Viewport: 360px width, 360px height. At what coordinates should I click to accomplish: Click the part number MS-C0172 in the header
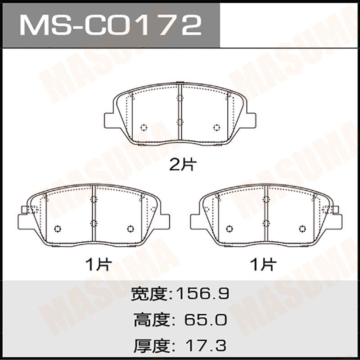pos(110,25)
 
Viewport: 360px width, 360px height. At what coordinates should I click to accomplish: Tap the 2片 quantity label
pos(183,165)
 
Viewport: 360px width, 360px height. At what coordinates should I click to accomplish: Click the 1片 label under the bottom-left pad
pos(99,265)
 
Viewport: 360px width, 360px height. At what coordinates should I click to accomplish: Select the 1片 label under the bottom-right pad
pos(263,265)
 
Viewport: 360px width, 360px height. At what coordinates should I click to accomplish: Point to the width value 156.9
pos(202,294)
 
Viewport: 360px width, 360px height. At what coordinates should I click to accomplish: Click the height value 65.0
pos(206,320)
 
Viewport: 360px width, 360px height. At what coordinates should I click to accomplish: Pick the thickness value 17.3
pos(206,346)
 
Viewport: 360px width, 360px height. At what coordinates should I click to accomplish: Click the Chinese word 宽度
pos(149,294)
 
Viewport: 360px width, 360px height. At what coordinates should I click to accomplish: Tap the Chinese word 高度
pos(152,320)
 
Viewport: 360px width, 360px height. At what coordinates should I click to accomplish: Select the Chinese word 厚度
pos(152,346)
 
